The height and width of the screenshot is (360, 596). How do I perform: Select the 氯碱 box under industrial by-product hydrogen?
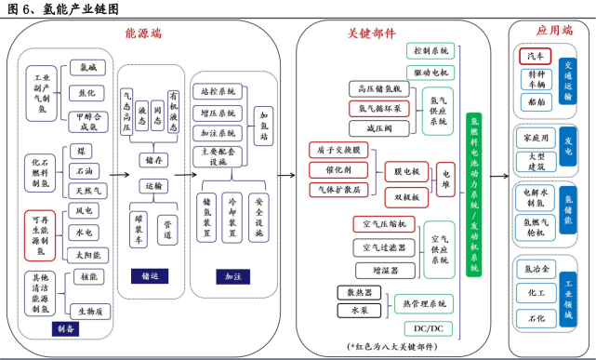click(x=87, y=68)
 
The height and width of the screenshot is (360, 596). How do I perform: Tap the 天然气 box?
click(x=84, y=191)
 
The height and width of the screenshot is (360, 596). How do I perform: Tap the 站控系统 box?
click(x=219, y=92)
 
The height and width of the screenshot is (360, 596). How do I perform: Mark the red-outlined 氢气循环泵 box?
click(x=377, y=108)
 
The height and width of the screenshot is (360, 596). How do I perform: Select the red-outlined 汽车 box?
click(x=536, y=57)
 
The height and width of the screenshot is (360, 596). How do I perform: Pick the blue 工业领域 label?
click(x=570, y=293)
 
